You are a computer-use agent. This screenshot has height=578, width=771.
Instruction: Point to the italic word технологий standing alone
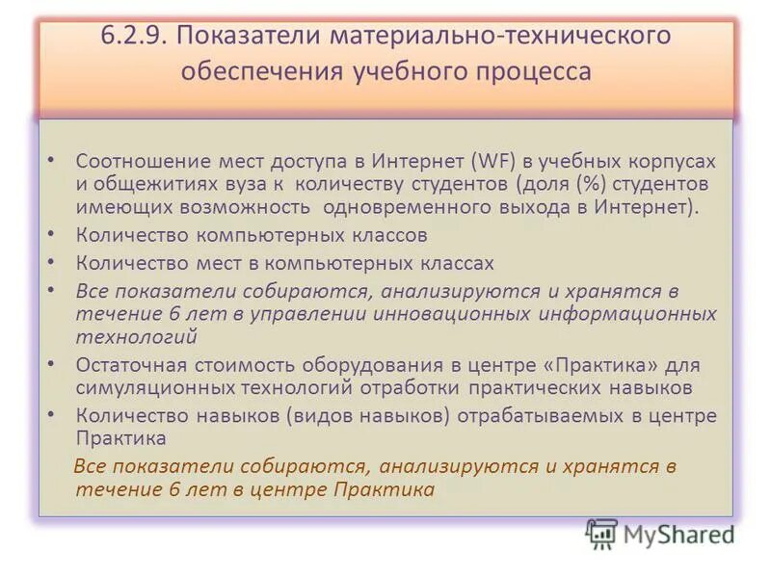136,335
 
